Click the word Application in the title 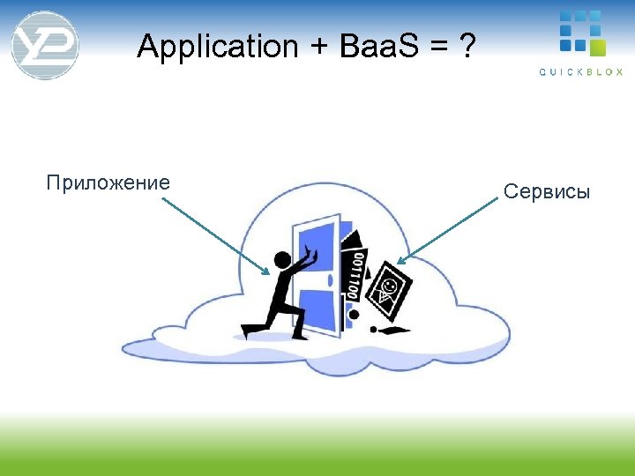click(x=218, y=47)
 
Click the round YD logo click(x=45, y=45)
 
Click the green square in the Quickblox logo click(x=598, y=47)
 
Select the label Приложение click(x=108, y=183)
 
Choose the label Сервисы click(x=547, y=191)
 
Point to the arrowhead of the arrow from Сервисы click(x=400, y=261)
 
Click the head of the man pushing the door click(x=281, y=260)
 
